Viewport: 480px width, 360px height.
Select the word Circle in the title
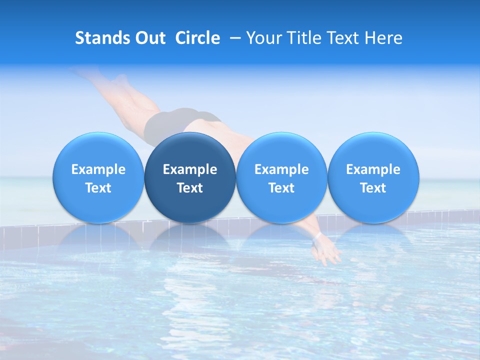pyautogui.click(x=197, y=38)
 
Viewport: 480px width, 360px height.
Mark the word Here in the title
pyautogui.click(x=383, y=38)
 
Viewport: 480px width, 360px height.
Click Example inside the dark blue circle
pyautogui.click(x=190, y=169)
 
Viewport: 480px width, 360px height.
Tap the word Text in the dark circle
pyautogui.click(x=190, y=188)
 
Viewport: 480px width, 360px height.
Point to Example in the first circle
pyautogui.click(x=98, y=169)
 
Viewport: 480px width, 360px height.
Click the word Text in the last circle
pyautogui.click(x=373, y=188)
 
